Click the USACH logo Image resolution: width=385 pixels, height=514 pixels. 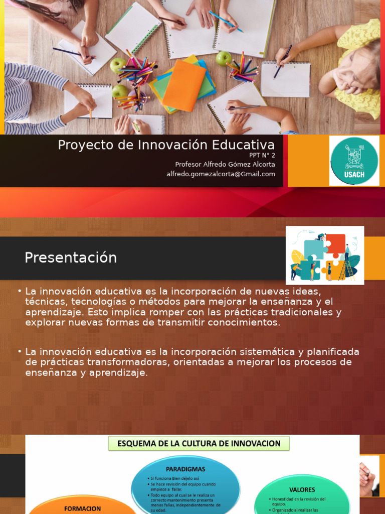354,161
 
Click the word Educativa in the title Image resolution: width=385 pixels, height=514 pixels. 243,145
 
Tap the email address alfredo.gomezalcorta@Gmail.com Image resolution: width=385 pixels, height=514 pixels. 221,174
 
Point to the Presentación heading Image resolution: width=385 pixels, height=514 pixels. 71,258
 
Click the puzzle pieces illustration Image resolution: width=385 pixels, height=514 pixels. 325,255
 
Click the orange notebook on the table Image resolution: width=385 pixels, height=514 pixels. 184,86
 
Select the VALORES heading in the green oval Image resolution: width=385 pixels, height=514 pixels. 302,489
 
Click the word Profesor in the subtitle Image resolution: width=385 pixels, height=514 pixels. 190,165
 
